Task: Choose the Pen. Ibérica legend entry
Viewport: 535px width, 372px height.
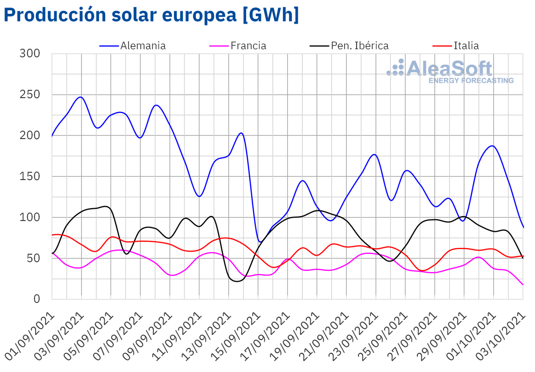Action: pos(359,45)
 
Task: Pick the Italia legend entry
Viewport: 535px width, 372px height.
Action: pos(466,45)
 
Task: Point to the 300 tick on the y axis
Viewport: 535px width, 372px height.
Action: pos(30,53)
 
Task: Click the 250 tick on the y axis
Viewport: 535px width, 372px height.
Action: pos(30,94)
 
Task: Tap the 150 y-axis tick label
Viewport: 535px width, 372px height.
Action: pos(30,176)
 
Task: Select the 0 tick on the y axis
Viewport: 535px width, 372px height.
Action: pos(37,299)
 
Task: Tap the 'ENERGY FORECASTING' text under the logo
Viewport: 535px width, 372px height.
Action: pos(471,81)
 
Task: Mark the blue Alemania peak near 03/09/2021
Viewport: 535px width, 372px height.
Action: pos(80,97)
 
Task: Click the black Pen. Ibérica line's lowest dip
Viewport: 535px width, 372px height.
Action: pos(237,281)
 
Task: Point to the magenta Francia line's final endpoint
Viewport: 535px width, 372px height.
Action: pos(523,285)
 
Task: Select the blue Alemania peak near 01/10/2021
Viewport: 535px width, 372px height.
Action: pos(493,146)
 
